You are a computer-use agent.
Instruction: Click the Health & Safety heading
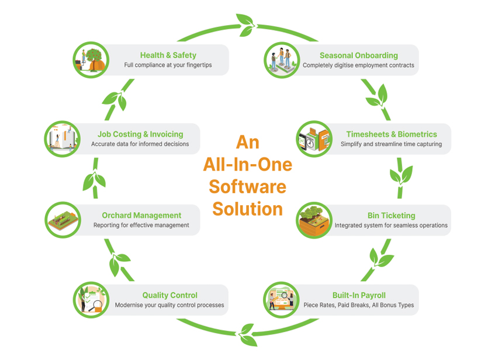(x=168, y=56)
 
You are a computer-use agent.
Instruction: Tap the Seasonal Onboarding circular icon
(x=282, y=60)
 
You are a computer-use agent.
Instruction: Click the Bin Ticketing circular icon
(x=314, y=220)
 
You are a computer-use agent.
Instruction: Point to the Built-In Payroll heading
(x=359, y=295)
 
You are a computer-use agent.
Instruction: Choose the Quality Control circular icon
(x=91, y=300)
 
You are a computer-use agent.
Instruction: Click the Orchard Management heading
(x=141, y=215)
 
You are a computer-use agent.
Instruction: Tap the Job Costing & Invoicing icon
(x=62, y=139)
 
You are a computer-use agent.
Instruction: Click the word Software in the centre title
(x=248, y=186)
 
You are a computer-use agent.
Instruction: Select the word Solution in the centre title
(x=248, y=209)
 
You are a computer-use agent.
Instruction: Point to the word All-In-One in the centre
(x=248, y=164)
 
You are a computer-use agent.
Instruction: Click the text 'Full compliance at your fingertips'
(x=168, y=65)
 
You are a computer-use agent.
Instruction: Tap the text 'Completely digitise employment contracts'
(x=358, y=65)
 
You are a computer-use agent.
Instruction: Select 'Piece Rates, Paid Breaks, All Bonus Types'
(x=358, y=305)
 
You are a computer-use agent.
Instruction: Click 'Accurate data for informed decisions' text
(x=140, y=144)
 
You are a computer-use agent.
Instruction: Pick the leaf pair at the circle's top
(x=245, y=25)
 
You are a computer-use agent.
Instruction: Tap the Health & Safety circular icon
(x=91, y=60)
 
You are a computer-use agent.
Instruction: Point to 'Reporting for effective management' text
(x=141, y=225)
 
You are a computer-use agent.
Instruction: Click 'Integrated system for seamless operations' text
(x=391, y=225)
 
